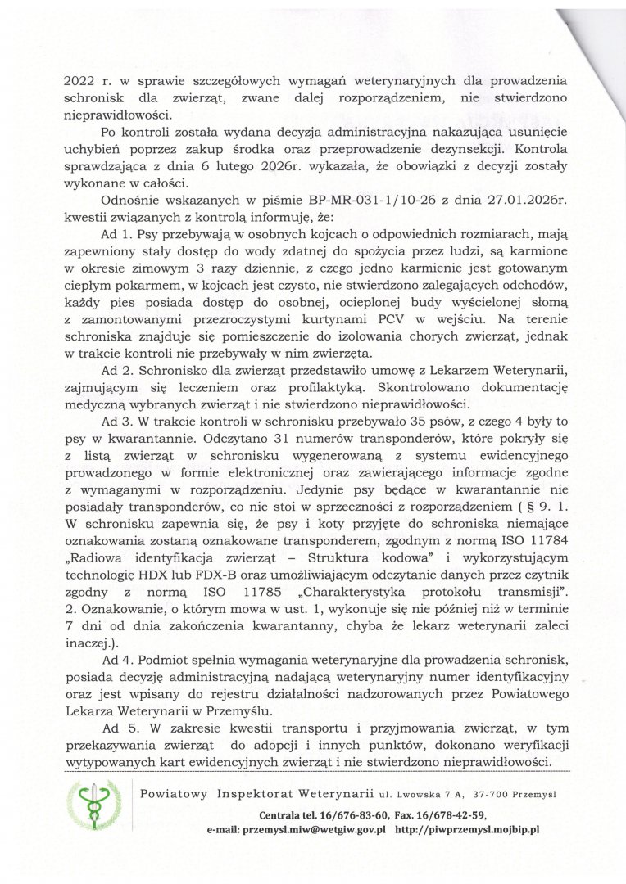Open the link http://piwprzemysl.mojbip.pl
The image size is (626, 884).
pos(466,829)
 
